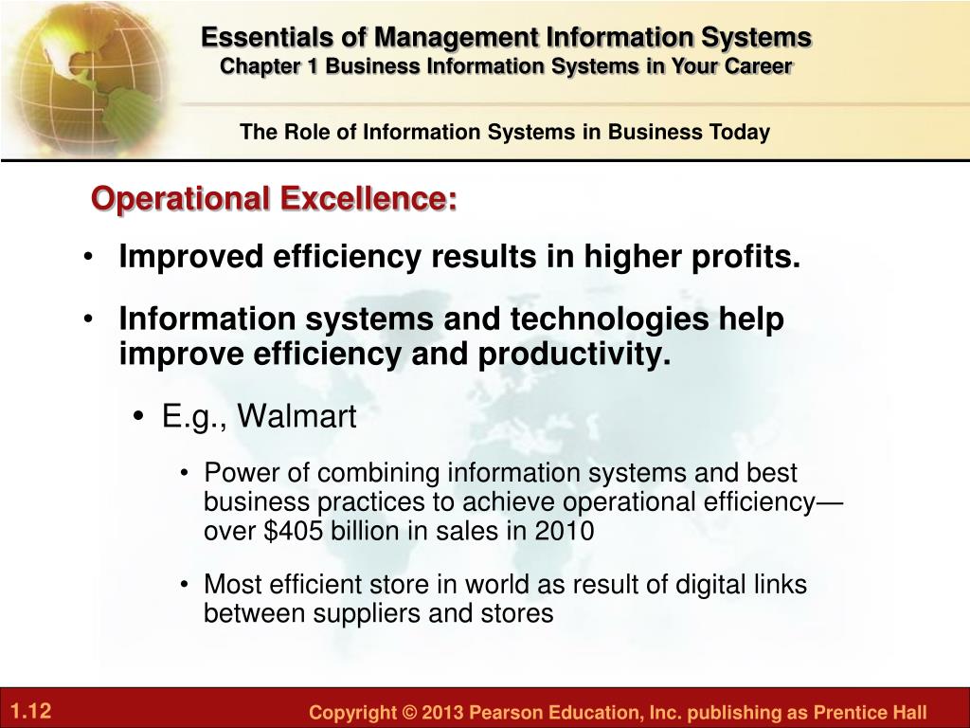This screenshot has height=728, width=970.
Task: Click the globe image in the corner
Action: [86, 78]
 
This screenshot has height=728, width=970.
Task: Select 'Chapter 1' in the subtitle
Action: [269, 66]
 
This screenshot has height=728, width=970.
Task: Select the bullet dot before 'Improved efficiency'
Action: [89, 257]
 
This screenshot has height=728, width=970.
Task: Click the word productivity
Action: [574, 355]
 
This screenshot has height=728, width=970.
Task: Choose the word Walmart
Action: [296, 415]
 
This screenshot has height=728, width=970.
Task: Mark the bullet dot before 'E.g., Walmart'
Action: [138, 416]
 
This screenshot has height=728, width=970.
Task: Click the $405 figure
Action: [293, 531]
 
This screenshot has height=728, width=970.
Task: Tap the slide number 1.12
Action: [31, 710]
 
